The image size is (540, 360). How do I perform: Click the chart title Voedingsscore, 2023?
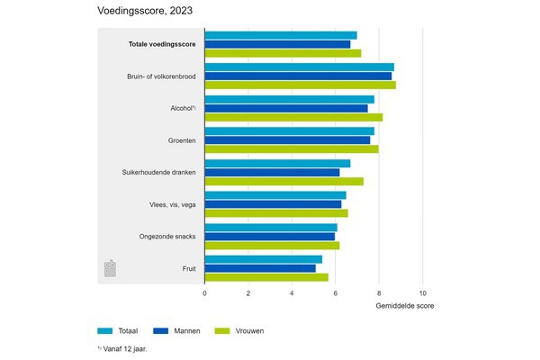coord(144,12)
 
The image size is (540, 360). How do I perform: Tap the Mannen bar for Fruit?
coord(260,268)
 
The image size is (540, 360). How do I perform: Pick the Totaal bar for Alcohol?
coord(289,99)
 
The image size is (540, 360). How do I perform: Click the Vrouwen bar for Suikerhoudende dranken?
coord(283,182)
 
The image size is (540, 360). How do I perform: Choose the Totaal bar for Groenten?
coord(289,131)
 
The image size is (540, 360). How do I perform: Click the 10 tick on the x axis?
coord(422,293)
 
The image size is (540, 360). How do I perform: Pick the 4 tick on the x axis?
coord(292,293)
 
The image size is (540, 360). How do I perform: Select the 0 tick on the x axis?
coord(204,293)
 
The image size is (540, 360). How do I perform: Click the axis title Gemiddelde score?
coord(404,306)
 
